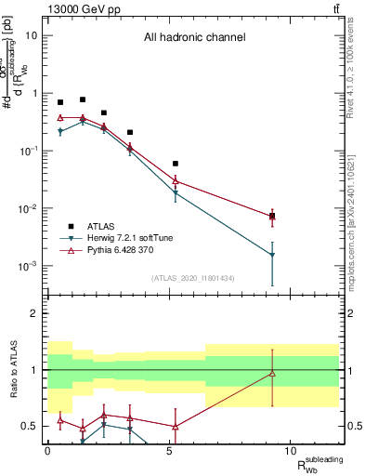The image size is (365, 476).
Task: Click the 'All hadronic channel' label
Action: point(194,38)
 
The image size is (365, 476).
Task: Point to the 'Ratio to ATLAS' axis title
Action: point(15,369)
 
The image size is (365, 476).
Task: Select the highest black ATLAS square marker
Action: point(83,99)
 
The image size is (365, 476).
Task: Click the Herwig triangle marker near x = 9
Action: point(272,255)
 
